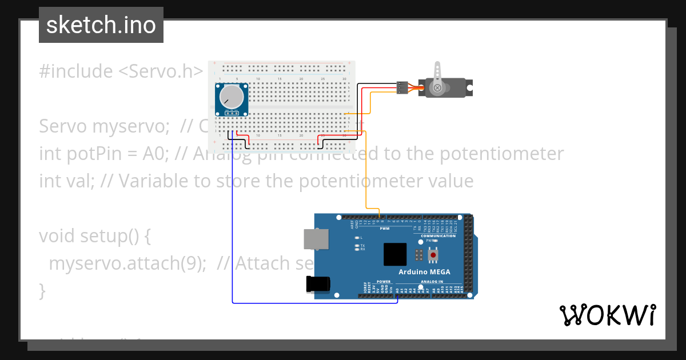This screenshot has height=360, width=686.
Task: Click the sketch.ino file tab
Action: (x=101, y=25)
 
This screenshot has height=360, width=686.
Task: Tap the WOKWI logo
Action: (x=608, y=315)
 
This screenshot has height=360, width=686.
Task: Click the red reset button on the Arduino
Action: (x=433, y=255)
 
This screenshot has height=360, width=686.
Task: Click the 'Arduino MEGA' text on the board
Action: (x=424, y=271)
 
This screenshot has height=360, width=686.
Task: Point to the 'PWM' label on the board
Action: (x=392, y=229)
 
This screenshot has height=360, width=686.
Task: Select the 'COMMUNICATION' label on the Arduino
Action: (x=438, y=236)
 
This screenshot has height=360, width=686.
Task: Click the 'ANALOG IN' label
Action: (x=432, y=282)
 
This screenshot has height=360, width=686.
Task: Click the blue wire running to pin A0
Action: (x=233, y=229)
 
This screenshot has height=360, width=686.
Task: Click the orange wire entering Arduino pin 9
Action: (x=366, y=171)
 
